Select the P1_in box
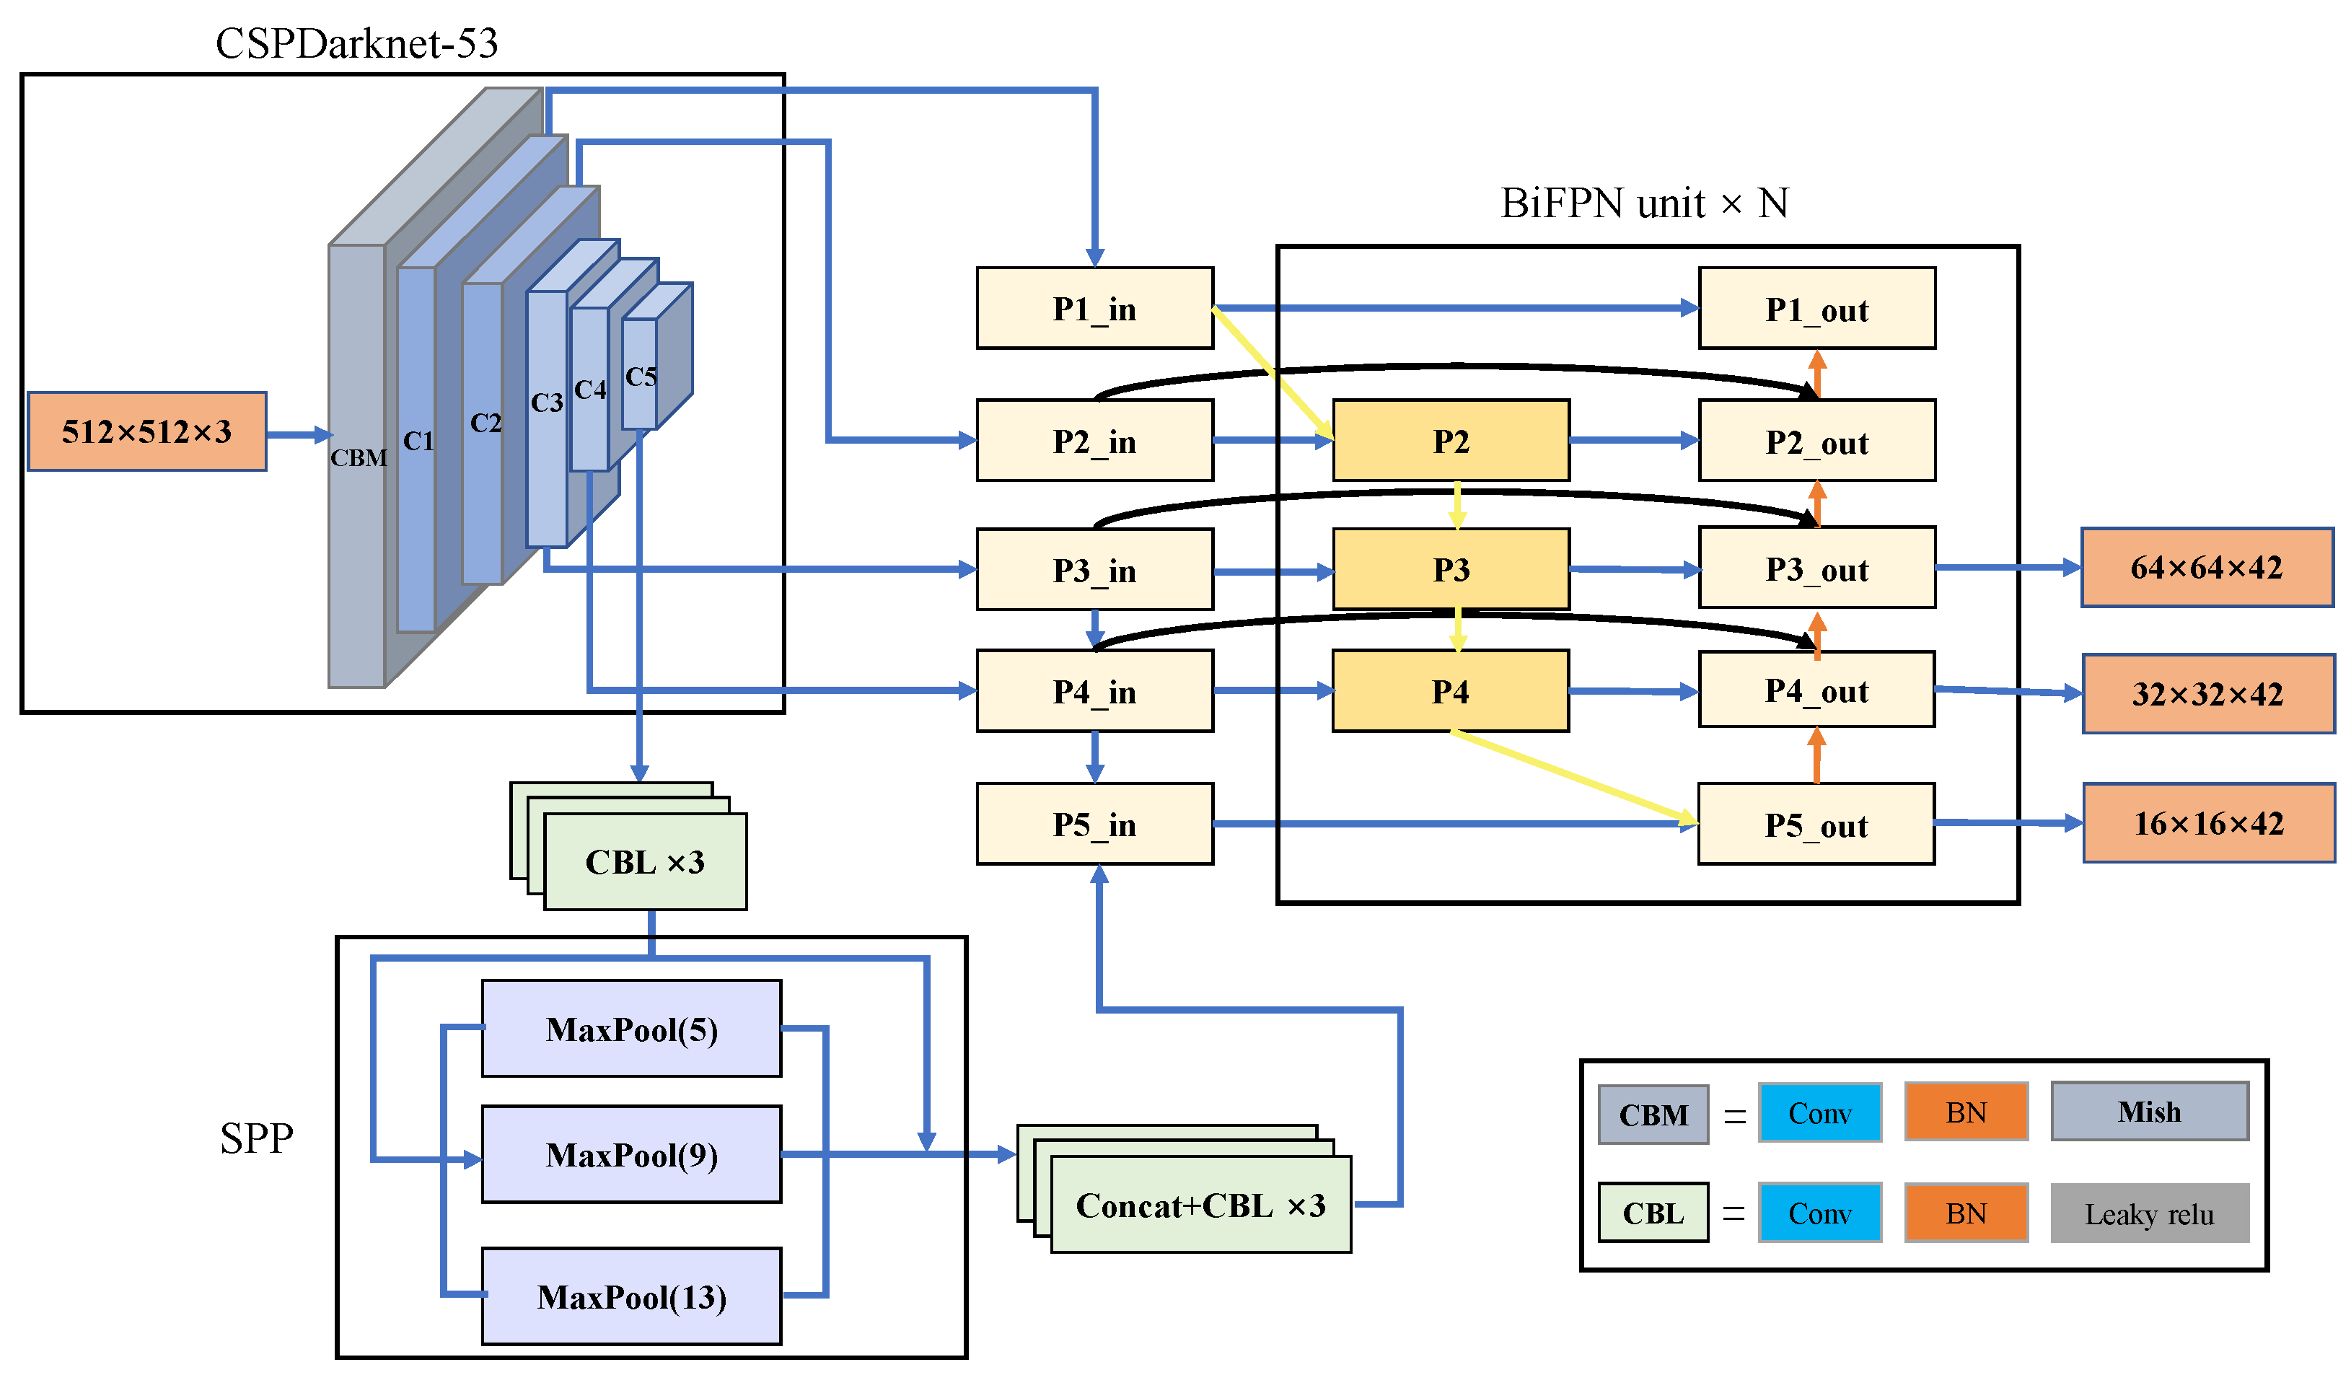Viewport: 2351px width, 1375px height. point(1094,308)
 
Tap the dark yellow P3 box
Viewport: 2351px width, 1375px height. point(1451,569)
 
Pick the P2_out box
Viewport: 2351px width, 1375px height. point(1816,442)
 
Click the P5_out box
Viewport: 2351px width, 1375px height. point(1816,825)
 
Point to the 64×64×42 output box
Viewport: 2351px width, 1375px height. point(2207,567)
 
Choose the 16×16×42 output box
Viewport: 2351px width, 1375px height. point(2208,822)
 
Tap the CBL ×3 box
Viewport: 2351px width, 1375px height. point(645,861)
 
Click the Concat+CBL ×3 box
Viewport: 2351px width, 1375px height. point(1200,1205)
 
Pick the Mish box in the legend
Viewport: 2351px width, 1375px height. point(2150,1111)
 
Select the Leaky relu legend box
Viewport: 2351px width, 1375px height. point(2150,1213)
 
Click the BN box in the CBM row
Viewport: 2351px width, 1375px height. point(1966,1111)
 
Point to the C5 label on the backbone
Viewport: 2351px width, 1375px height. point(641,377)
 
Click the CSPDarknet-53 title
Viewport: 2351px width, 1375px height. point(356,43)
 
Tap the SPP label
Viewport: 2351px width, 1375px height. point(257,1137)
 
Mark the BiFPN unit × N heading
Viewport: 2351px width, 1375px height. point(1644,203)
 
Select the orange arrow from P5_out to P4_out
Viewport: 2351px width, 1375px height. point(1816,755)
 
